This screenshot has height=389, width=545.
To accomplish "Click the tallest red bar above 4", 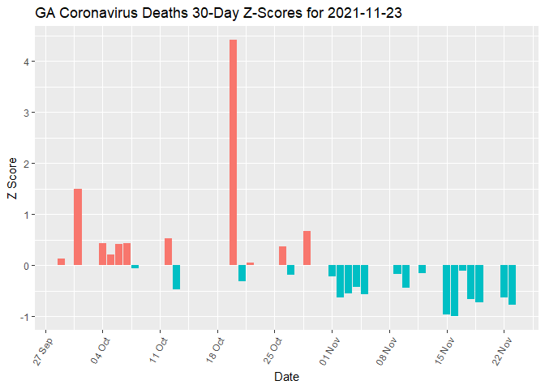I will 234,152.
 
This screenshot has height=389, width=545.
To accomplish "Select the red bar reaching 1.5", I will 78,227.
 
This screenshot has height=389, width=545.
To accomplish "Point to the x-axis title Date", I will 285,377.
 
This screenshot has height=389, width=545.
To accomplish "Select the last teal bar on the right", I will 513,285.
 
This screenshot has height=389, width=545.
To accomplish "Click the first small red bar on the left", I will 61,262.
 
